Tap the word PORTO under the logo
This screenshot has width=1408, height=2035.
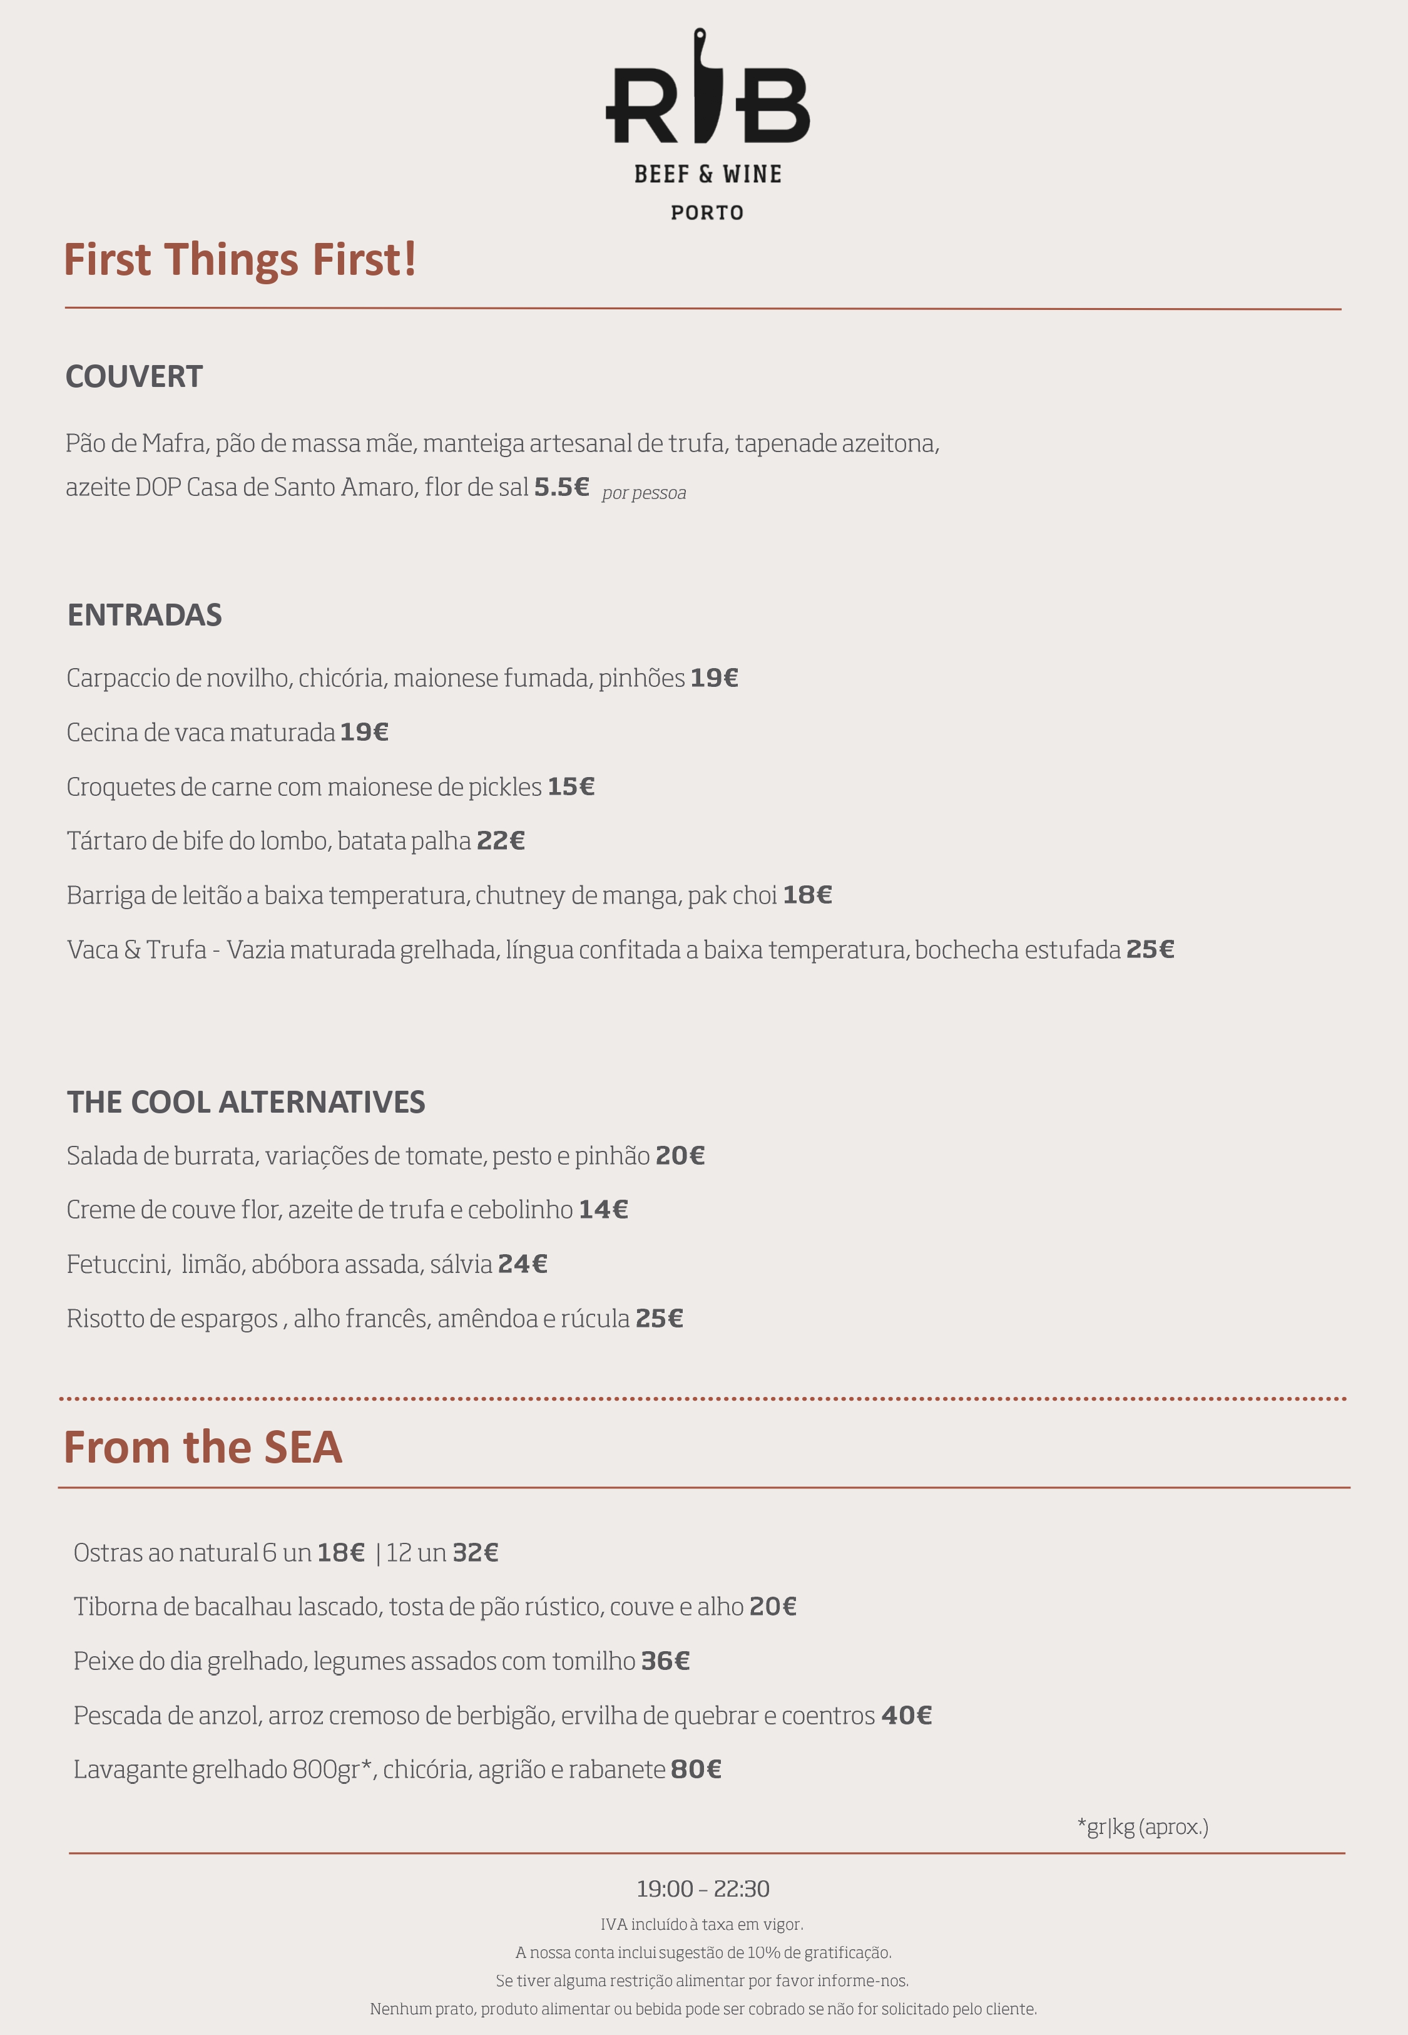coord(707,213)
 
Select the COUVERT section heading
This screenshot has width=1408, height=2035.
coord(134,377)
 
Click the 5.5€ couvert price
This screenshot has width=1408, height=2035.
coord(561,487)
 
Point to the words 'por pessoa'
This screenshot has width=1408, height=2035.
coord(644,492)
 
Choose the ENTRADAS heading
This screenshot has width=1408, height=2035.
coord(145,615)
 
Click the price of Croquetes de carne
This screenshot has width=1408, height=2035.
coord(571,786)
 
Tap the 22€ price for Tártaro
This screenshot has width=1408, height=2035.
coord(500,841)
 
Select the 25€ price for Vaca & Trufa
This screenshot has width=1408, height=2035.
coord(1150,949)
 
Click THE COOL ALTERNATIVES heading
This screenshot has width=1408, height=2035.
coord(246,1102)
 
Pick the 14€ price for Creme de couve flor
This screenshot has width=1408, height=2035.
coord(603,1210)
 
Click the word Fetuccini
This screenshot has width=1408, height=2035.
coord(118,1265)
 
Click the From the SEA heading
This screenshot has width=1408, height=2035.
coord(203,1448)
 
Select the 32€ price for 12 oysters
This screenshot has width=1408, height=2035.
coord(476,1553)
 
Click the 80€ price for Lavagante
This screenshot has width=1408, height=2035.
coord(696,1770)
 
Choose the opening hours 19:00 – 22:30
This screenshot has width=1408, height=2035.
coord(703,1888)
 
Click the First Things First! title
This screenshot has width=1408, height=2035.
coord(240,260)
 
